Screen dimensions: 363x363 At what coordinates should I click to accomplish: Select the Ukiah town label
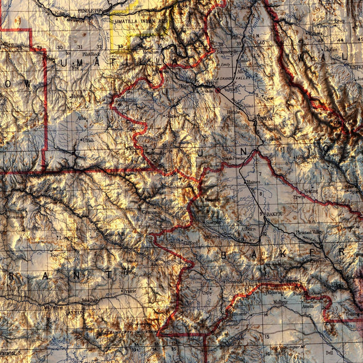click(x=88, y=140)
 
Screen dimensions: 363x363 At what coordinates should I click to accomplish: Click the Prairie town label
click(x=128, y=291)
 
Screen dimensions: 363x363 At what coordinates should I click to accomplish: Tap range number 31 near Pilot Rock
click(x=79, y=47)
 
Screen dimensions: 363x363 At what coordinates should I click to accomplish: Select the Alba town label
click(x=82, y=119)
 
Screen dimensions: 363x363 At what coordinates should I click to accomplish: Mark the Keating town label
click(x=311, y=191)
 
